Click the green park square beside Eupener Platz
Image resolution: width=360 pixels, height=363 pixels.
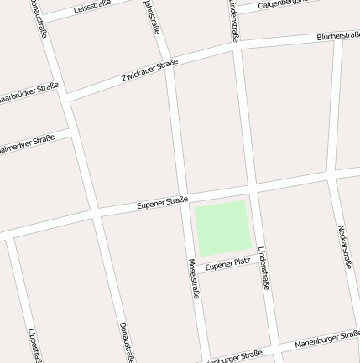tap(222, 227)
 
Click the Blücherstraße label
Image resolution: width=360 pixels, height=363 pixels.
tap(338, 36)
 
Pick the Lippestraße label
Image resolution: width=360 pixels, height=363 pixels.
tap(34, 345)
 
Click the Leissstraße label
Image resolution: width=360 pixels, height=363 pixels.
tap(92, 8)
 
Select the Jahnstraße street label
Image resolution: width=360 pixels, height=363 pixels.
tap(152, 17)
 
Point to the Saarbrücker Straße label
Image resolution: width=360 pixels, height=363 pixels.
tap(29, 93)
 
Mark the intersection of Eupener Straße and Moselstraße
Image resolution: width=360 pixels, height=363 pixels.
tap(183, 199)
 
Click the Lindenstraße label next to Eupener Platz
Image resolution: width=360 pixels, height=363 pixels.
tap(263, 267)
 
